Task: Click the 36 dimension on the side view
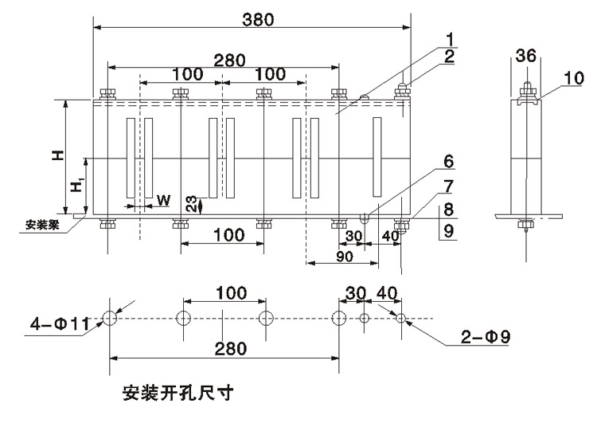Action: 525,55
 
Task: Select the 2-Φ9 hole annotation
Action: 485,338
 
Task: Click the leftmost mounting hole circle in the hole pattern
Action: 109,318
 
